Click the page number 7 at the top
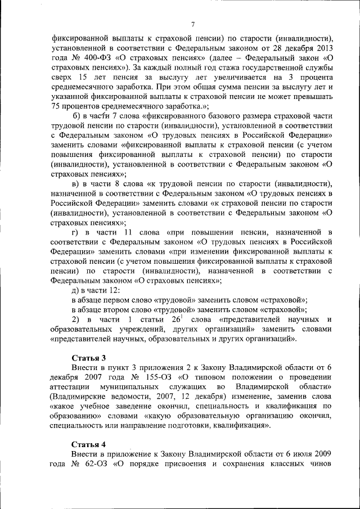click(193, 24)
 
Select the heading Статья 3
click(88, 358)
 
